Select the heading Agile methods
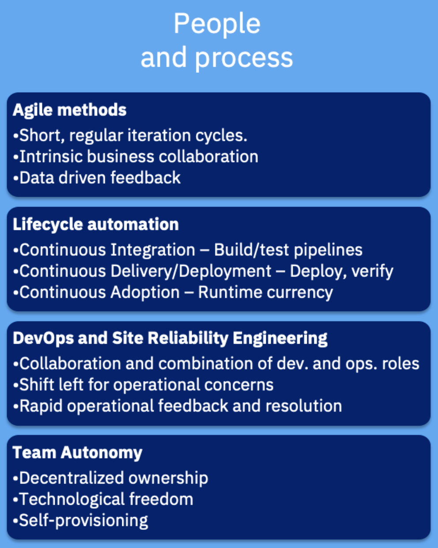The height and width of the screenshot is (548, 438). click(x=70, y=110)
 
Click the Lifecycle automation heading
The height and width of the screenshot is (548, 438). click(x=96, y=225)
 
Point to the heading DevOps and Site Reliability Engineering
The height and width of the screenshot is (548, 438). click(x=170, y=339)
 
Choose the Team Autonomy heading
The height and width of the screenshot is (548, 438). click(x=77, y=453)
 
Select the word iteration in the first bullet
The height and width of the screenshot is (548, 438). click(x=159, y=135)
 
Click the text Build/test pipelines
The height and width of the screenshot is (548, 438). click(x=288, y=250)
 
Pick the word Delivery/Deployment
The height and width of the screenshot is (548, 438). click(x=191, y=271)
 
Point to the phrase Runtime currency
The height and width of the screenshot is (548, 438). click(x=265, y=293)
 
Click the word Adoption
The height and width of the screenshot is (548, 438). click(x=145, y=293)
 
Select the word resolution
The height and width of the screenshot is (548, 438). click(x=304, y=405)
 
